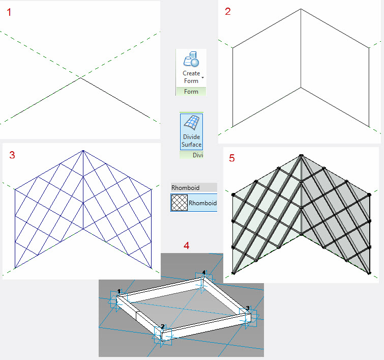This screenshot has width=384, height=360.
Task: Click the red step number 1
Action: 9,12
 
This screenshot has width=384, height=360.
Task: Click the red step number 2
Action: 228,12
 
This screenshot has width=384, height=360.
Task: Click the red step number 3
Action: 12,155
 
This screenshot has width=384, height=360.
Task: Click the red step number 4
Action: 186,245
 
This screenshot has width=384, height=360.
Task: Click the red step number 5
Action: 232,158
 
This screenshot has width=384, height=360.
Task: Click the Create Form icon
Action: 191,59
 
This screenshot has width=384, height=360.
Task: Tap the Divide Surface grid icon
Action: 192,122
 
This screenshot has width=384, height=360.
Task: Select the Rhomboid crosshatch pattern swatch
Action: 179,203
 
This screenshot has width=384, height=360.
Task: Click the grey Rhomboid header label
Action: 185,188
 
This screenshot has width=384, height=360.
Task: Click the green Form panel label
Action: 191,92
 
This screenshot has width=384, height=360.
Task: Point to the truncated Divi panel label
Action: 198,155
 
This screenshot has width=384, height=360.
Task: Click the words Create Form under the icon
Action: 191,77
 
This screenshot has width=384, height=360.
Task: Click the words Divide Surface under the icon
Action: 192,141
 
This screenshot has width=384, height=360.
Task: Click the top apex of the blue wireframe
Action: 83,151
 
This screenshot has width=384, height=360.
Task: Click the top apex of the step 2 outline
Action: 301,9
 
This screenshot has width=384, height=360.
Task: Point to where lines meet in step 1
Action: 80,78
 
